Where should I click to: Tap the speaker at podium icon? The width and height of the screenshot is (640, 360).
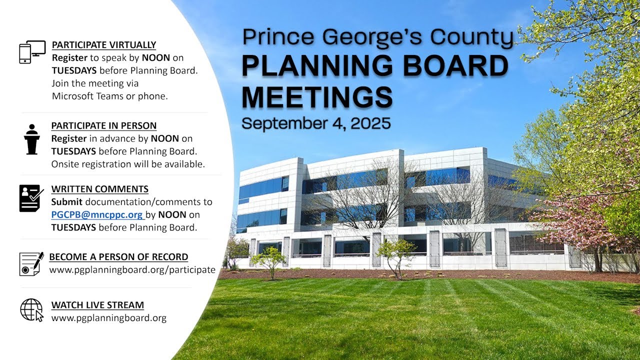31,139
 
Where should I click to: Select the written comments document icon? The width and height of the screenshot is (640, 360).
31,198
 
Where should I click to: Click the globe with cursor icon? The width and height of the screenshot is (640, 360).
31,309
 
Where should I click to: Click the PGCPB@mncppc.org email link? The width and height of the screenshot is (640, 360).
97,214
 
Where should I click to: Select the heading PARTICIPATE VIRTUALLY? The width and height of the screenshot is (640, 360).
104,45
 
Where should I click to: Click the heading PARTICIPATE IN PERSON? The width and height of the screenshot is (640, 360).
104,126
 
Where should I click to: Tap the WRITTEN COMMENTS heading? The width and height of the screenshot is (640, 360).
100,189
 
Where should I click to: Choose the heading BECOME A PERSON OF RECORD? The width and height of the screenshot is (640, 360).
118,257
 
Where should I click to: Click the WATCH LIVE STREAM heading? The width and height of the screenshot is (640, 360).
97,305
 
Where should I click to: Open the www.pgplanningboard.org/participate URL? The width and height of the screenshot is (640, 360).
132,270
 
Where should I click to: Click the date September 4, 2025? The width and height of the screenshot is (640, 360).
316,123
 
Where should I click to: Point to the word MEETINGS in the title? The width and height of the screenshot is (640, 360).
317,97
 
